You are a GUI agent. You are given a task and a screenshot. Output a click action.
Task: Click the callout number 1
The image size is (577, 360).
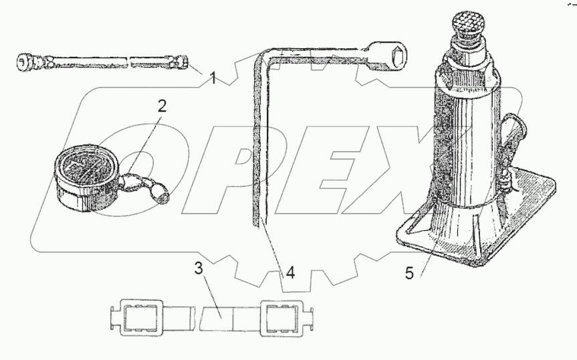[213, 78]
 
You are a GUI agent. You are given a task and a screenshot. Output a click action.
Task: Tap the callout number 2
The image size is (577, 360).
[162, 106]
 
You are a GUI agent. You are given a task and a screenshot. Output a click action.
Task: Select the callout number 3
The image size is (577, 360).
[199, 269]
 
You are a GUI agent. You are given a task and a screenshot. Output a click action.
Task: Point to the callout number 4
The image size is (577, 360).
[290, 273]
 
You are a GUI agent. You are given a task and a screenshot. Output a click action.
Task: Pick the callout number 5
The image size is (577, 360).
[409, 273]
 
